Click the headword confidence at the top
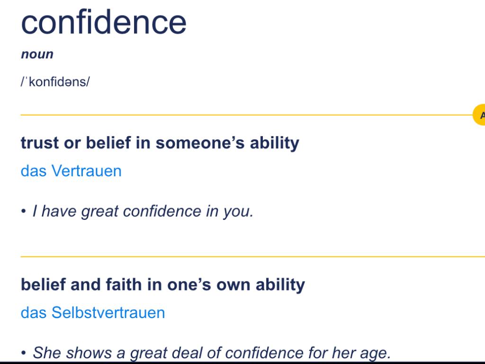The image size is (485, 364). tap(104, 22)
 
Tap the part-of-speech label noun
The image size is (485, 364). tap(37, 54)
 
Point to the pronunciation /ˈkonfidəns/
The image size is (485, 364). tap(55, 82)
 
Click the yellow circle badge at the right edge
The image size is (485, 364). tap(480, 115)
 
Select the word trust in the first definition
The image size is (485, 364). tap(39, 143)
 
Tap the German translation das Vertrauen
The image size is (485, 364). tap(71, 171)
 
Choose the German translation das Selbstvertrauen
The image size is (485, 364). tap(93, 313)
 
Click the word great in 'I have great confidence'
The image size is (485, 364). tap(99, 211)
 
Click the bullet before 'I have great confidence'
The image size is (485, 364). tap(23, 211)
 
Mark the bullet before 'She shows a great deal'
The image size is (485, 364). tap(23, 353)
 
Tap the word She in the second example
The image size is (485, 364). tap(47, 353)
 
